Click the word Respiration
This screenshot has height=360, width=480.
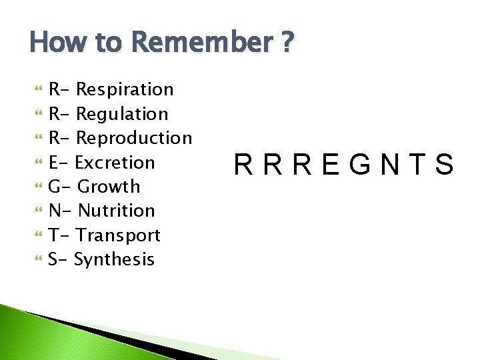[x=125, y=90]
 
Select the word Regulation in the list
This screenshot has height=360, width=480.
[x=122, y=114]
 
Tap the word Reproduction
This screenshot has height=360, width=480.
[x=134, y=138]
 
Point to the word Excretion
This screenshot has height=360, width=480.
[x=115, y=163]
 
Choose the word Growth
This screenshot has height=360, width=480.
[x=109, y=187]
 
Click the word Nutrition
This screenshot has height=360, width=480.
[x=116, y=211]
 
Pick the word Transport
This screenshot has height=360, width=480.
[x=118, y=235]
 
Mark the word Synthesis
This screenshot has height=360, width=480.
[x=114, y=259]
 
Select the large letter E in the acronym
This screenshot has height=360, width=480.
[x=330, y=164]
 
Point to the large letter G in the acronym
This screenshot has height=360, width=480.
[x=359, y=164]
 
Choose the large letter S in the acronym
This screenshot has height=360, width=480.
[x=444, y=164]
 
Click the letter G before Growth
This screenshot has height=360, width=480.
[x=55, y=187]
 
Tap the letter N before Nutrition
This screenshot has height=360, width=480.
[x=55, y=211]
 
